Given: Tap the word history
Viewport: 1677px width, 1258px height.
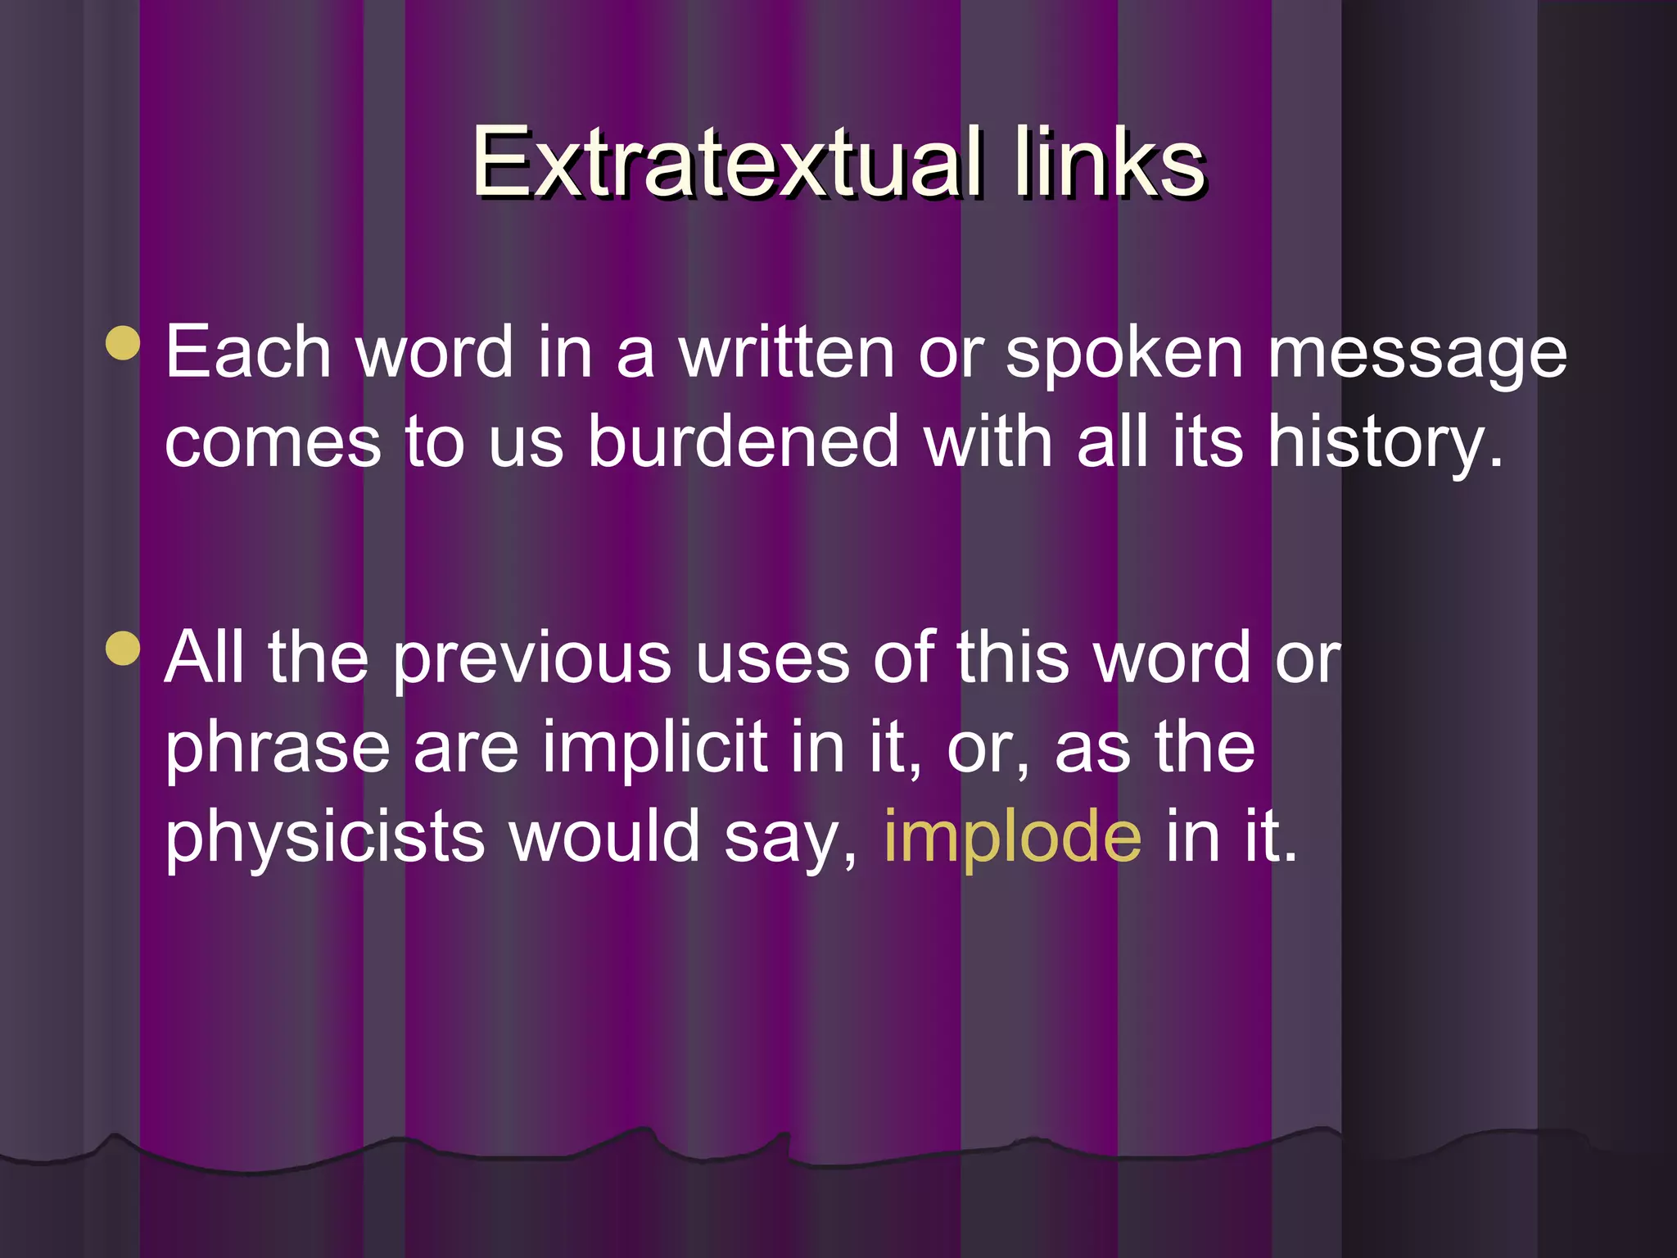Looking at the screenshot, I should coord(1384,442).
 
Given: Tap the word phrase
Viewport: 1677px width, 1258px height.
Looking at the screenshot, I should coord(278,749).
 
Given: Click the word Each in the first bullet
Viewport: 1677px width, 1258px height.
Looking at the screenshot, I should coord(248,352).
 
